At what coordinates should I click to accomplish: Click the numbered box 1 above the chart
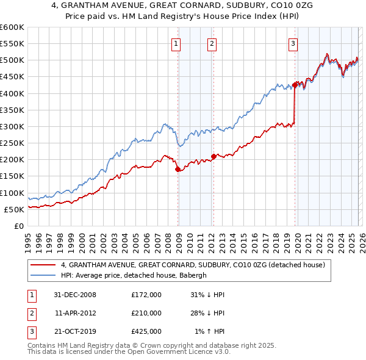(176, 43)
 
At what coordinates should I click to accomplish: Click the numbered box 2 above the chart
(211, 43)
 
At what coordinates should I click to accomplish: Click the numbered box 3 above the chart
(293, 43)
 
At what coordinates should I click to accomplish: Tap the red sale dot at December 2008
(178, 169)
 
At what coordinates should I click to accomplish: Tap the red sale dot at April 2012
(213, 156)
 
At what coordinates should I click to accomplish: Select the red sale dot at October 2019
(295, 85)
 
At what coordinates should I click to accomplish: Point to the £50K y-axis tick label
(15, 209)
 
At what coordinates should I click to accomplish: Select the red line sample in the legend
(43, 265)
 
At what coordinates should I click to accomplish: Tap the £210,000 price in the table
(146, 313)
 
